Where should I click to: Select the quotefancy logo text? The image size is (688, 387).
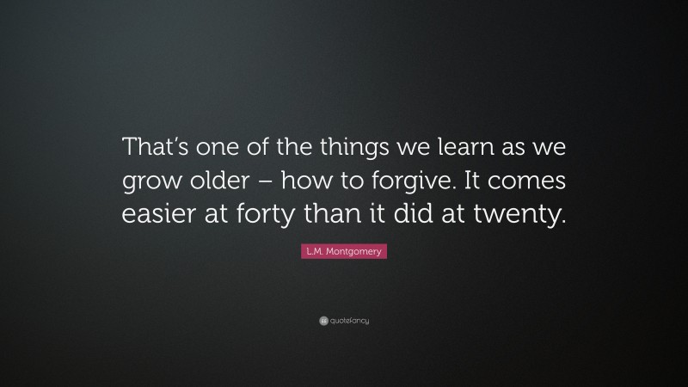pos(349,321)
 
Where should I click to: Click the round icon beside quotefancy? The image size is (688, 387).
pos(323,321)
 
